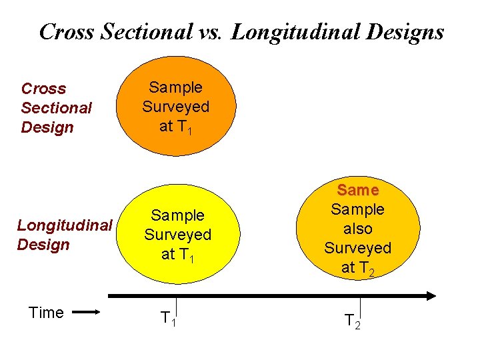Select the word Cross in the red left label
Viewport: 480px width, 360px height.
44,89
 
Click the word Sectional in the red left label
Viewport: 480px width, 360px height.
56,107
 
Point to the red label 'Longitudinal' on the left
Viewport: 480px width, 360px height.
64,225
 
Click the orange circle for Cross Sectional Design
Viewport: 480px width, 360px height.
176,107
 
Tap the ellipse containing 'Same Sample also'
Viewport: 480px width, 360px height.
358,229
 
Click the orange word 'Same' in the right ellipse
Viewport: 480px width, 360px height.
358,191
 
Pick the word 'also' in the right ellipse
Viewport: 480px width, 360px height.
358,229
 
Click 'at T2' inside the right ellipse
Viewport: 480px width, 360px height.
358,268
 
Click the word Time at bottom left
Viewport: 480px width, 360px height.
46,313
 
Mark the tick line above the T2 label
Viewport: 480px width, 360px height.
359,305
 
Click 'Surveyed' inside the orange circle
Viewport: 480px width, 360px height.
176,107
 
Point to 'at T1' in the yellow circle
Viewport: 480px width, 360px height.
177,254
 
